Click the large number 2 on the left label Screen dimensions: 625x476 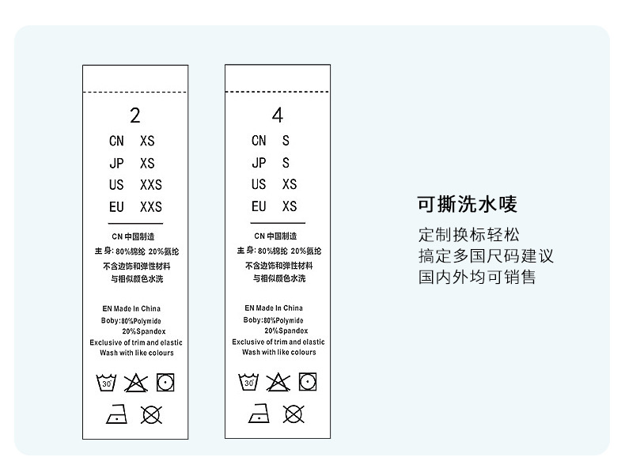pyautogui.click(x=135, y=115)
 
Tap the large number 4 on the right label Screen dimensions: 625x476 pyautogui.click(x=278, y=115)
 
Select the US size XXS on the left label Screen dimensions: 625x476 pyautogui.click(x=150, y=185)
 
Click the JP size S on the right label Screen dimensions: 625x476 pyautogui.click(x=286, y=163)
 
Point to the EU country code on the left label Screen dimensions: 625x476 pyautogui.click(x=116, y=206)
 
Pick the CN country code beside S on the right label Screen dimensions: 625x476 pyautogui.click(x=259, y=141)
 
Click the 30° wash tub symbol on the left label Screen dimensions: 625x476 pyautogui.click(x=106, y=383)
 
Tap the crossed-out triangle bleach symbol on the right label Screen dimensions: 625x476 pyautogui.click(x=278, y=383)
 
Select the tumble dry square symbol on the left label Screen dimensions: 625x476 pyautogui.click(x=165, y=383)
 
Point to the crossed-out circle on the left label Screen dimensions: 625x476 pyautogui.click(x=150, y=413)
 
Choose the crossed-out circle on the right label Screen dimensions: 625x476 pyautogui.click(x=293, y=413)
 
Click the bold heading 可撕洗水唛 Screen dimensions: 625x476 pyautogui.click(x=468, y=205)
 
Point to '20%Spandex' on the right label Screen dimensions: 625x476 pyautogui.click(x=286, y=331)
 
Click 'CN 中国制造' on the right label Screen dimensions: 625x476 pyautogui.click(x=275, y=236)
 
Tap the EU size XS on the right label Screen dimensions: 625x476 pyautogui.click(x=289, y=206)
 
